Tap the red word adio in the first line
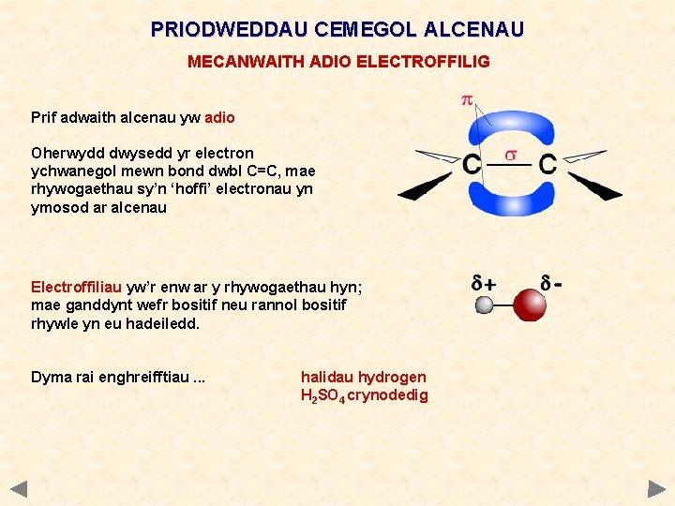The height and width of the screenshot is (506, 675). point(219,118)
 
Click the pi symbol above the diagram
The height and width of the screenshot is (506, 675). point(466,100)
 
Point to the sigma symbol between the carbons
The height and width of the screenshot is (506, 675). point(511,155)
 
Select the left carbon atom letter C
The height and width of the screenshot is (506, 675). point(472,166)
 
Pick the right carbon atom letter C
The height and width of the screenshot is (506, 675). point(547,166)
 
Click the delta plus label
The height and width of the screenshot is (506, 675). point(485,282)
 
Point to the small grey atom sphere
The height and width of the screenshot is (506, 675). point(485,305)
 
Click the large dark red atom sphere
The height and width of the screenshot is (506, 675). point(531,305)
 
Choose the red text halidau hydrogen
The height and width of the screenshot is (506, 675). point(363,377)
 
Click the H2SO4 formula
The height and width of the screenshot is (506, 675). point(322,395)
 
